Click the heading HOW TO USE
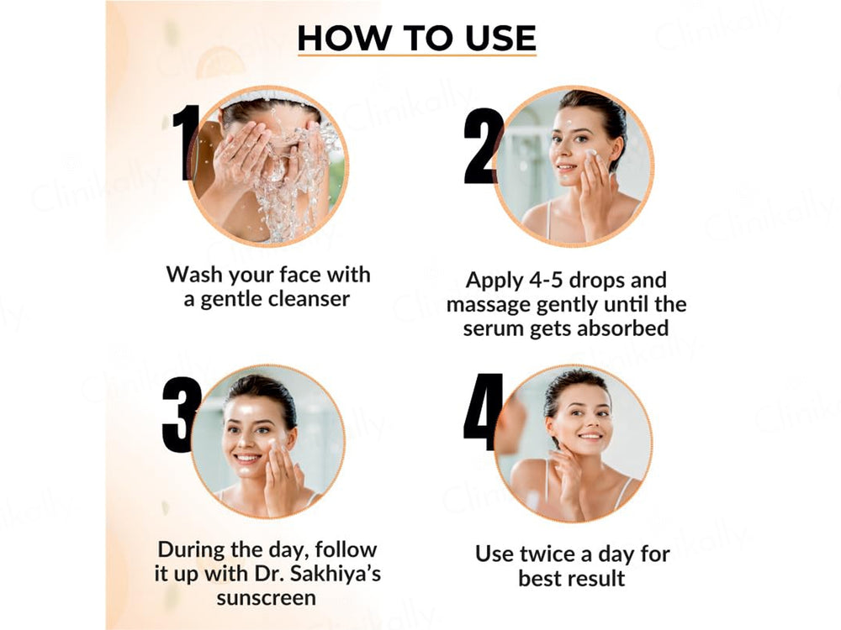tap(416, 39)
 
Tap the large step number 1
tap(185, 143)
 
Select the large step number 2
tap(483, 146)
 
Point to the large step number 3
tap(181, 415)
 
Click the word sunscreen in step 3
tap(267, 598)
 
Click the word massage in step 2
tap(488, 304)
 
